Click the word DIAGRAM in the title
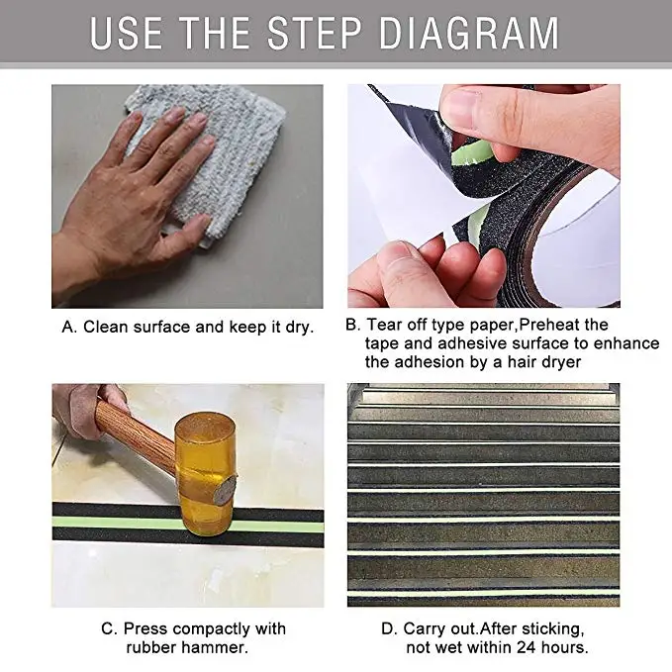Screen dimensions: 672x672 (x=469, y=33)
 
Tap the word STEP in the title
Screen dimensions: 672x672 (x=315, y=33)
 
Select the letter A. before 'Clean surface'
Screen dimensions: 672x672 (x=69, y=327)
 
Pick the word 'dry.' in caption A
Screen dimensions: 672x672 (x=300, y=328)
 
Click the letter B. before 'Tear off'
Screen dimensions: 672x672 (x=353, y=325)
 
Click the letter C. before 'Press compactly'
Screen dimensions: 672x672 (x=109, y=628)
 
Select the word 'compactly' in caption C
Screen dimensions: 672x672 (x=209, y=629)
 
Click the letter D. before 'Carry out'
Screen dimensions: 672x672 (x=389, y=628)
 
